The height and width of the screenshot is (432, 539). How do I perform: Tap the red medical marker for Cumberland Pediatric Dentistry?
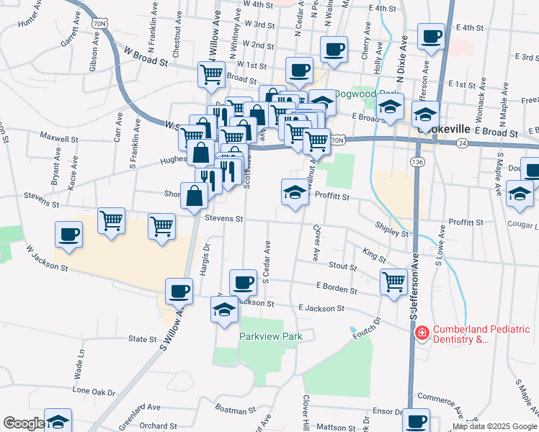422,333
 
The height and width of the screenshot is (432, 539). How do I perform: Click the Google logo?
24,423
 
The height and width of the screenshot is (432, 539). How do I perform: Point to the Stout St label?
342,266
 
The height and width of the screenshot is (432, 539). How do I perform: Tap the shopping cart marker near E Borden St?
393,281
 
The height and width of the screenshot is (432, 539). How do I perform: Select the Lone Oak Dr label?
94,392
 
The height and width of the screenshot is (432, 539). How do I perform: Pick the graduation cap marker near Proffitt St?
294,192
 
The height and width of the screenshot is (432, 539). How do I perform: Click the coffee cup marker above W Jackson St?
68,234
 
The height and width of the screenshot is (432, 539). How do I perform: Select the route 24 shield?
461,143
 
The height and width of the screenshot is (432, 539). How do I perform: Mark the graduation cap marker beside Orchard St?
58,421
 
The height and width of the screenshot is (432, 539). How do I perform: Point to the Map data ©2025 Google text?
494,426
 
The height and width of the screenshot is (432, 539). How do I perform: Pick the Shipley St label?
392,228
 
